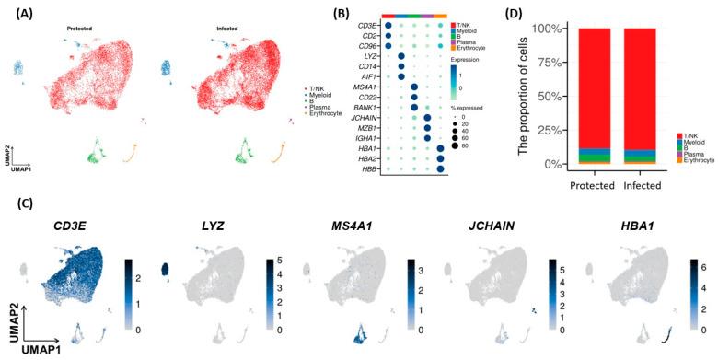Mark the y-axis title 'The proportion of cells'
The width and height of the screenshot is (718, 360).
(x=502, y=95)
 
